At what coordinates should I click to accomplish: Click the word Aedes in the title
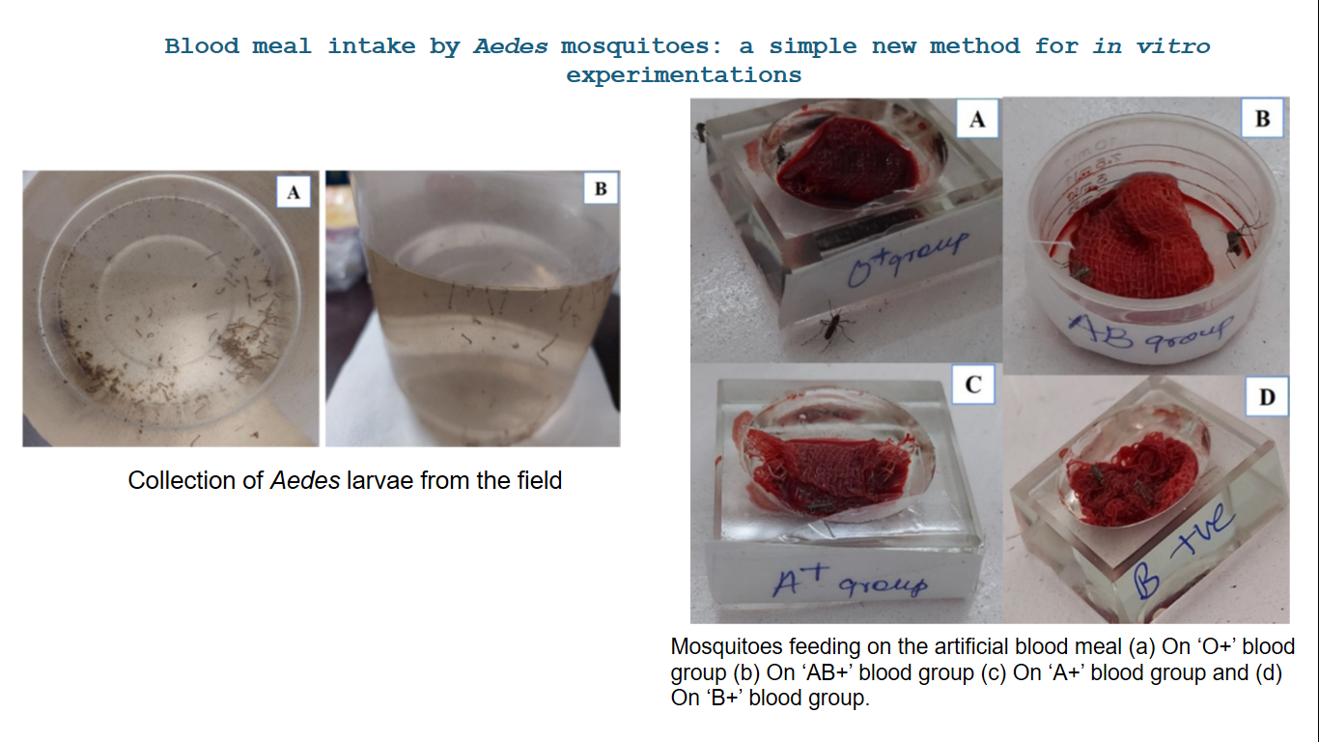tap(511, 46)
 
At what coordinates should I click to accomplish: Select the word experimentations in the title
tap(684, 75)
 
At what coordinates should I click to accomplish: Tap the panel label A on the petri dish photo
tap(294, 191)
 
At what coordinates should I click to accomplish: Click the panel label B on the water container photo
tap(601, 188)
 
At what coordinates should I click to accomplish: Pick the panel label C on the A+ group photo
tap(972, 385)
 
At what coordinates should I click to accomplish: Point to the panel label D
tap(1267, 397)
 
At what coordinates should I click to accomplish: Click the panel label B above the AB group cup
tap(1262, 119)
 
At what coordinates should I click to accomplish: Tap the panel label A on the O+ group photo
tap(977, 119)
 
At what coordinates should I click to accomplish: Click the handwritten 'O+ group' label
tap(908, 258)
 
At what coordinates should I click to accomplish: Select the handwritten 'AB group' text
tap(1150, 332)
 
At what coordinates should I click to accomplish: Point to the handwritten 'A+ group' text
tap(850, 581)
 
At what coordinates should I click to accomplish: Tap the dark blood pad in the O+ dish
tap(849, 160)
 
